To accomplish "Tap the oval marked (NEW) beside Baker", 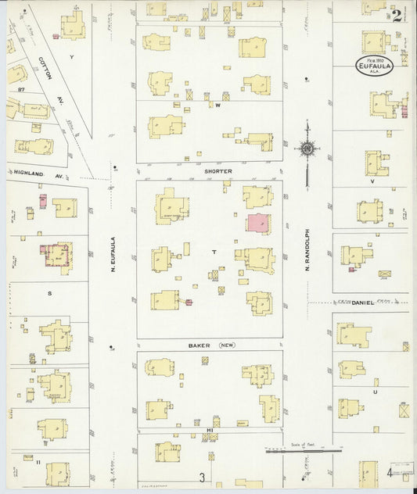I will coord(227,344).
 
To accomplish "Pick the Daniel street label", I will coord(362,302).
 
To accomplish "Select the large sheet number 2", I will coord(397,15).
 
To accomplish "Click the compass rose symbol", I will coord(307,147).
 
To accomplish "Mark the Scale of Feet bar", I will coord(304,450).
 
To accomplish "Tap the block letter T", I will coord(213,252).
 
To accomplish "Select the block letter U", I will coord(376,392).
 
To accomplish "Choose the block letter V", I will coord(372,181).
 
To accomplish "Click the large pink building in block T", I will coord(258,222).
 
